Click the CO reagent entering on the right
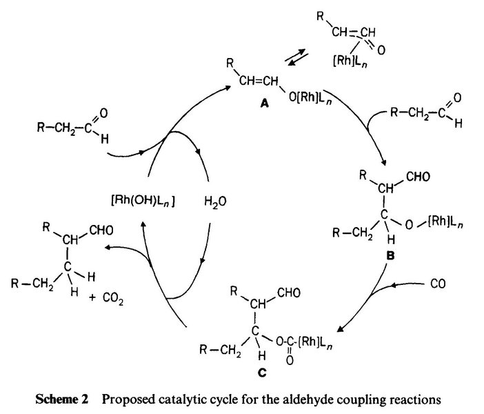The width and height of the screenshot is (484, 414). coord(434,282)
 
